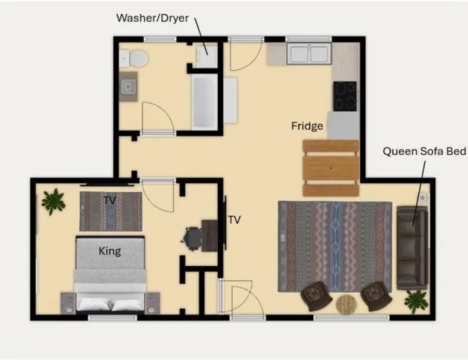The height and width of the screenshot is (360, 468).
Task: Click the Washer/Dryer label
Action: coord(153,18)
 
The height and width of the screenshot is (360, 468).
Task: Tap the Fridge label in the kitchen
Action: coord(307,126)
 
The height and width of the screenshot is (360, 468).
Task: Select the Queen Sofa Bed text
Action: coord(424,151)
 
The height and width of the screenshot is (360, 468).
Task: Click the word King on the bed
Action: coord(109,251)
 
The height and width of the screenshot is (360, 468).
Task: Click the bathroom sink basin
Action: coord(129,87)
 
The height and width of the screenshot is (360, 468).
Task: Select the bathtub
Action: coord(205,102)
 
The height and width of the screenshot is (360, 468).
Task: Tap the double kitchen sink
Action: coord(309,53)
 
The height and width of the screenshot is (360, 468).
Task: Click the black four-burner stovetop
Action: coord(345,96)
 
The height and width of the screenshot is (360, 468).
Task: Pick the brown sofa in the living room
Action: coord(412,247)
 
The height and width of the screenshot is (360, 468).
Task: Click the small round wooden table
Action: coord(346,304)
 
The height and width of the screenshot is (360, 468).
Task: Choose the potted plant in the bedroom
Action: coord(53,201)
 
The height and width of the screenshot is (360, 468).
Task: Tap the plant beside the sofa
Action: coord(416,301)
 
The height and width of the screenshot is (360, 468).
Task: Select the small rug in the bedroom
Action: coord(111,211)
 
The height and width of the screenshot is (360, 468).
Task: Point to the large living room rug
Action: coord(335,246)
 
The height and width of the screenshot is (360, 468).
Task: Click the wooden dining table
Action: coord(331,168)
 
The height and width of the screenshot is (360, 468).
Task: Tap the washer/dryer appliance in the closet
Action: coord(207,56)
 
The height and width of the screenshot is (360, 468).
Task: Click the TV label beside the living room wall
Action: coord(234,220)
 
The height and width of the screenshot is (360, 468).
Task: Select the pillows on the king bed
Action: coord(110,305)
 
